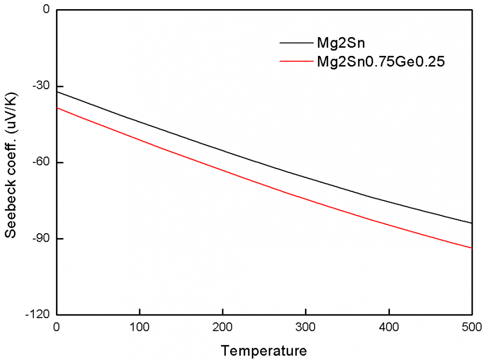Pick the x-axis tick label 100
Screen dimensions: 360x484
pyautogui.click(x=139, y=327)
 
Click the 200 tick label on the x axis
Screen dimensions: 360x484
pyautogui.click(x=223, y=327)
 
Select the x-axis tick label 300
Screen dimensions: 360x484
pyautogui.click(x=305, y=327)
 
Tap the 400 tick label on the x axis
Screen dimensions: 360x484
pyautogui.click(x=389, y=327)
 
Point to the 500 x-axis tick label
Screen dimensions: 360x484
pyautogui.click(x=471, y=327)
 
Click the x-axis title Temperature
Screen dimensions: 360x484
pyautogui.click(x=264, y=351)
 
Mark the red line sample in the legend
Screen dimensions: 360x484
pyautogui.click(x=295, y=61)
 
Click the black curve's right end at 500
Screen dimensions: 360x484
pyautogui.click(x=472, y=223)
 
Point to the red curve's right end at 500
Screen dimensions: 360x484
pyautogui.click(x=472, y=248)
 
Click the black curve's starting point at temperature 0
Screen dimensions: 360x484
pyautogui.click(x=56, y=92)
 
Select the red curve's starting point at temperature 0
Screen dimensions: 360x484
pyautogui.click(x=56, y=108)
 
